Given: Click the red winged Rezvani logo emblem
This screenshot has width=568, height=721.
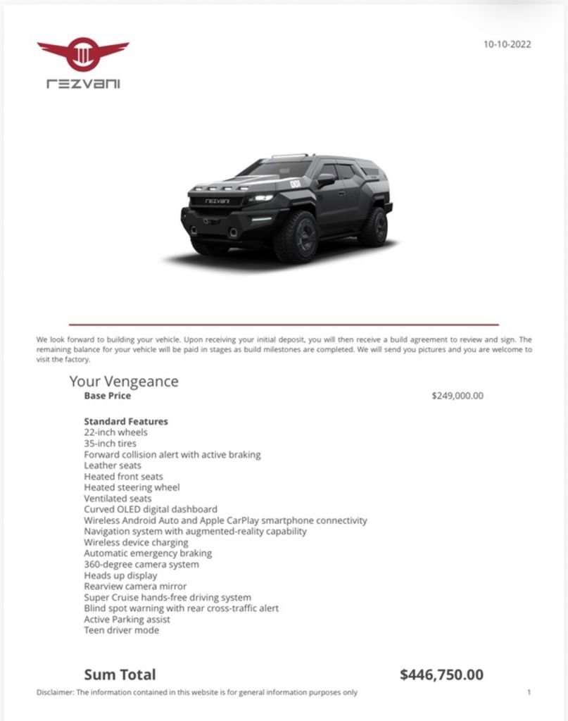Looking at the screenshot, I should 83,54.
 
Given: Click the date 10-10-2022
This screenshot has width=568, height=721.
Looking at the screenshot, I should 507,44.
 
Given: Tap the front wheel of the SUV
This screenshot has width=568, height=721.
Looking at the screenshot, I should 296,237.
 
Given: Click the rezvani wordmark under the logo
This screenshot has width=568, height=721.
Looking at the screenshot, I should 83,84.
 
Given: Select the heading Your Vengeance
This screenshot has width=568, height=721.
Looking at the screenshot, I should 124,382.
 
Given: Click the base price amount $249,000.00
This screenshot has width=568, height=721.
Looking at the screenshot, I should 457,396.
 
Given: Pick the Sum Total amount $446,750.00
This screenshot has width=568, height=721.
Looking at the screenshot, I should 441,675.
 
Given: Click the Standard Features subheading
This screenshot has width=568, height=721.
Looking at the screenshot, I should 126,422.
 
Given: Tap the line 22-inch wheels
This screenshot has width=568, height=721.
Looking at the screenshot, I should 115,432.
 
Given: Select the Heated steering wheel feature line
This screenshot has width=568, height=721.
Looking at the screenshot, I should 132,487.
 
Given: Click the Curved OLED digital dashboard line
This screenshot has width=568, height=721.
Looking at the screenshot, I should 151,509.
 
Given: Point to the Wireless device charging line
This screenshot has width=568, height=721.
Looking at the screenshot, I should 136,542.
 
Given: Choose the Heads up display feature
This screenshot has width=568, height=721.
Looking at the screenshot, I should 120,575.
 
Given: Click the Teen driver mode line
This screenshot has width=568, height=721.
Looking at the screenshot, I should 121,630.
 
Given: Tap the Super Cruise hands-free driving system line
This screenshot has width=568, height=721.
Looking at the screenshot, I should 167,597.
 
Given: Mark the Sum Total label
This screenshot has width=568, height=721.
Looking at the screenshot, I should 120,675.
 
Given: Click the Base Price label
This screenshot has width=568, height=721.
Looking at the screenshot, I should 107,396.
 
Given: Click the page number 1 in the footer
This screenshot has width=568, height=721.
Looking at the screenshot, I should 529,692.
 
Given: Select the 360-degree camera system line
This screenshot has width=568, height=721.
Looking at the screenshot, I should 141,564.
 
